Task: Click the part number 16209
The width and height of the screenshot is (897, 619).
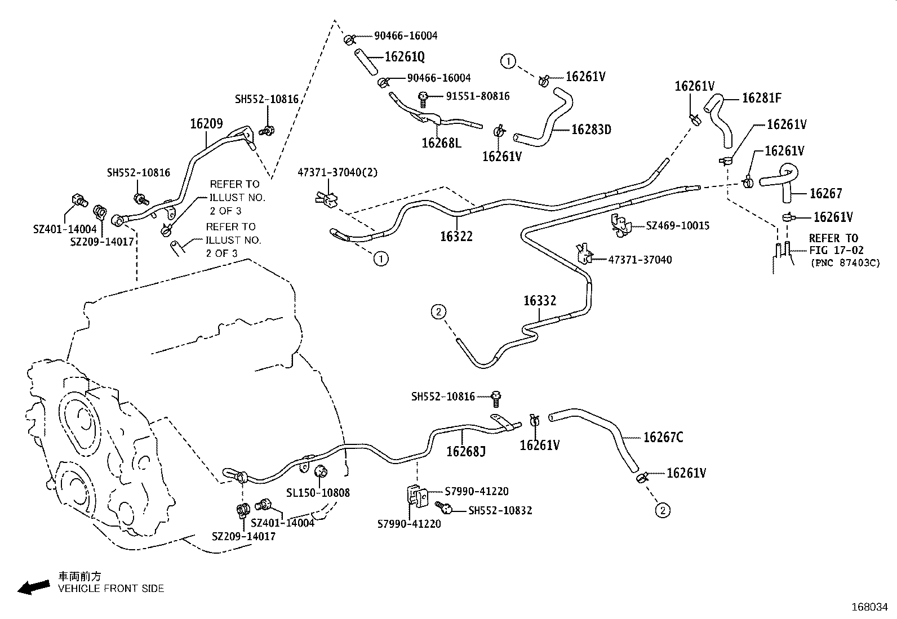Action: pyautogui.click(x=206, y=124)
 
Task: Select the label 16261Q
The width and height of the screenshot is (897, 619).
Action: pyautogui.click(x=405, y=57)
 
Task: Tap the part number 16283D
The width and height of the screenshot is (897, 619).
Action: pyautogui.click(x=591, y=130)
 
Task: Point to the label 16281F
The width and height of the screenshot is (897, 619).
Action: pyautogui.click(x=761, y=98)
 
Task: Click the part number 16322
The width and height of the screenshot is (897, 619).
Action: pyautogui.click(x=456, y=237)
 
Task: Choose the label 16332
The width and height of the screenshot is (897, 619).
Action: pyautogui.click(x=539, y=301)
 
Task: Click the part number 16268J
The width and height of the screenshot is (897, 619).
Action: pyautogui.click(x=465, y=451)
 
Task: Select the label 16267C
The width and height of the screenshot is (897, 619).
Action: pyautogui.click(x=663, y=438)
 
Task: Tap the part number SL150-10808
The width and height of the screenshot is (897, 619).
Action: pyautogui.click(x=318, y=493)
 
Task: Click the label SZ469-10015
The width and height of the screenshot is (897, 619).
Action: pyautogui.click(x=677, y=226)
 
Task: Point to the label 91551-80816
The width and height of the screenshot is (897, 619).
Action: pyautogui.click(x=477, y=96)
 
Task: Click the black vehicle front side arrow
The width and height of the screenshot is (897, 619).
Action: pyautogui.click(x=33, y=587)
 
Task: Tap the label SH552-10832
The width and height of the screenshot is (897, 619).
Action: pyautogui.click(x=500, y=511)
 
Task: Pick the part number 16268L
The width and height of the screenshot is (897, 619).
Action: pyautogui.click(x=441, y=143)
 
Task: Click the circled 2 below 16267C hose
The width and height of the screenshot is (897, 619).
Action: pyautogui.click(x=663, y=511)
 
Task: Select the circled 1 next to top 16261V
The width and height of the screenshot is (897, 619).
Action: pyautogui.click(x=508, y=61)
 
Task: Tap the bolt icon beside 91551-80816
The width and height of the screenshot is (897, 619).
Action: pyautogui.click(x=423, y=99)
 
